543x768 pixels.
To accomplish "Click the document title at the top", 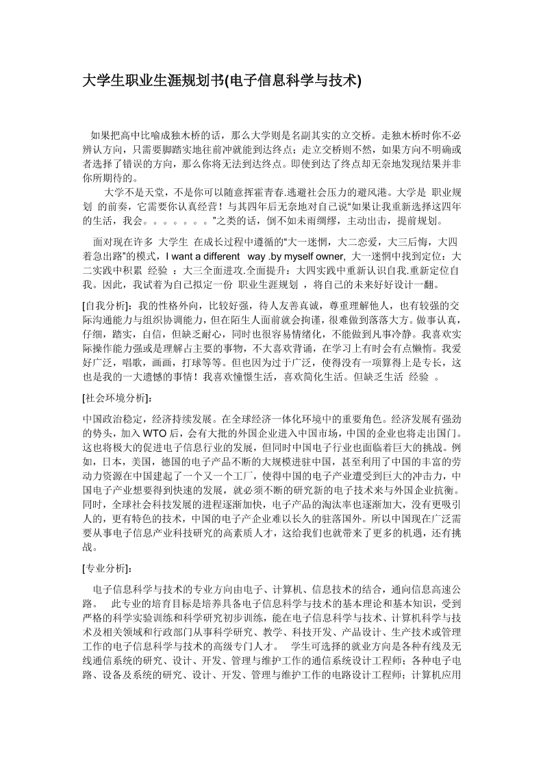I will [x=221, y=81].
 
